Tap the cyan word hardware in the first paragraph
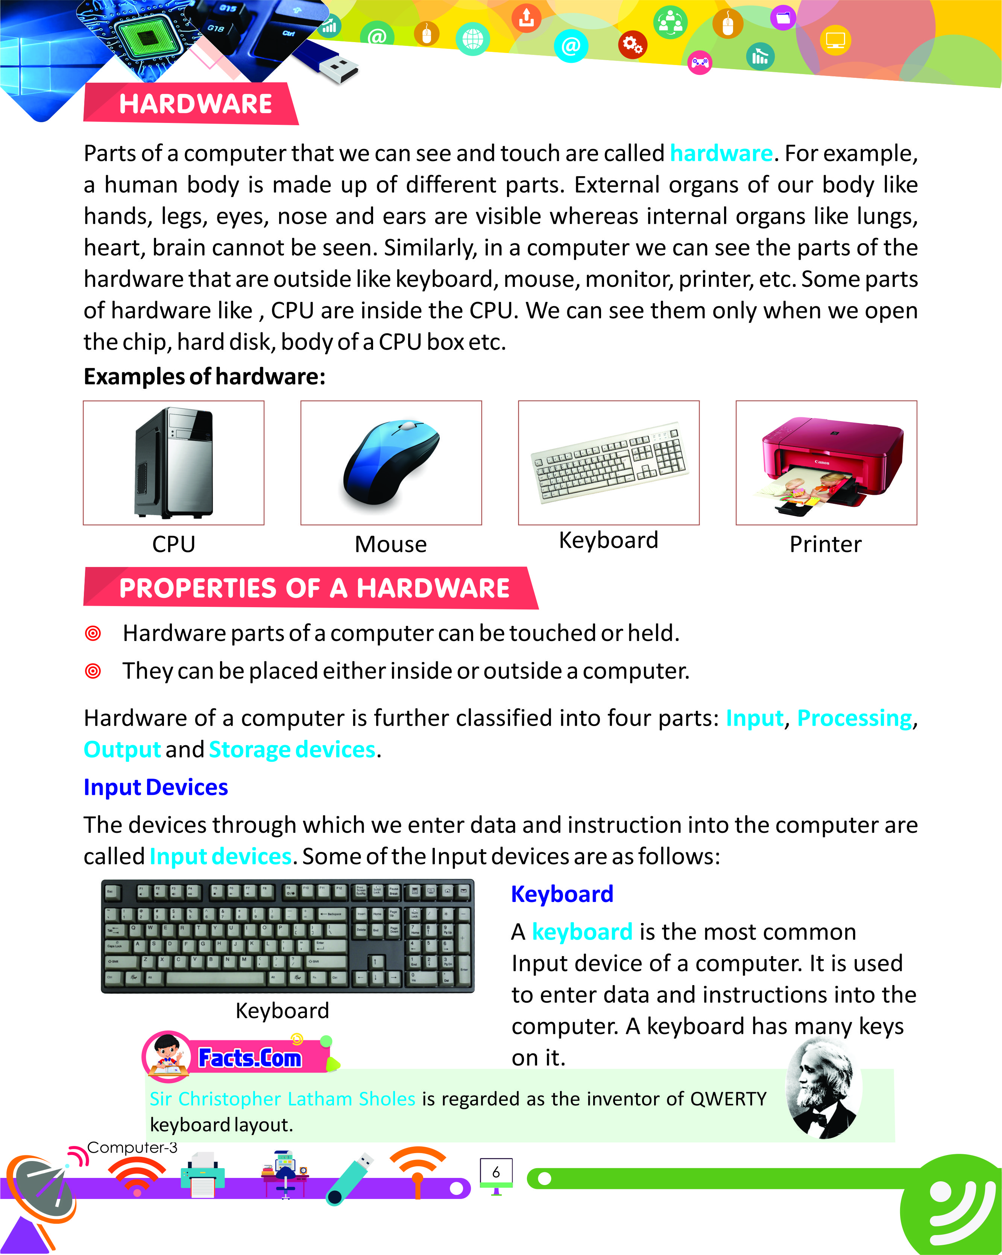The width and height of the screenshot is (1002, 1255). click(x=721, y=153)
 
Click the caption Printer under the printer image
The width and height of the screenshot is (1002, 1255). click(x=825, y=544)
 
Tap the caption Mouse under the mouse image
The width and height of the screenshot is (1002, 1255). click(x=391, y=544)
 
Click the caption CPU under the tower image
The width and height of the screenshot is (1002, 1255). click(x=173, y=544)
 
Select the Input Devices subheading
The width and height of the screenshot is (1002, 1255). click(x=155, y=787)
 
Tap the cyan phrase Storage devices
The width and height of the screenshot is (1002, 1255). click(x=292, y=750)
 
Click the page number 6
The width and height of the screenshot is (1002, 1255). click(x=496, y=1172)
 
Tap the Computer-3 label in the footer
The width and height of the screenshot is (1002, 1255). click(x=132, y=1147)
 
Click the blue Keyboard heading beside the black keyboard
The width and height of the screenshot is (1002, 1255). click(x=562, y=894)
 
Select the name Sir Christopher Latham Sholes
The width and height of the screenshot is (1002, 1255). click(x=282, y=1099)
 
